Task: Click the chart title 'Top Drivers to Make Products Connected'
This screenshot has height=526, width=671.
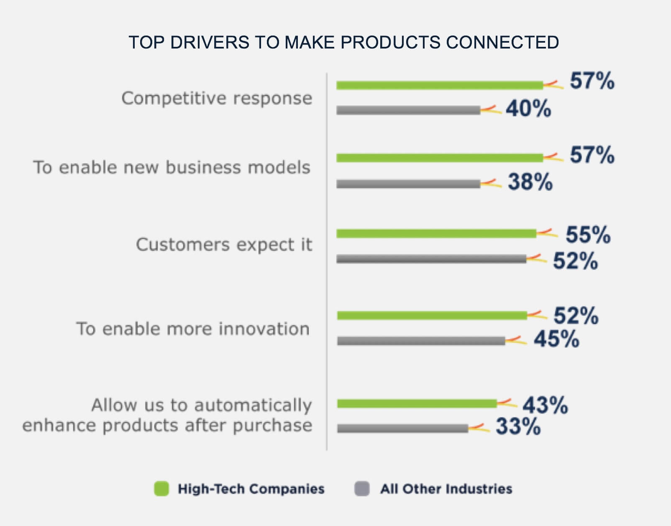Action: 343,43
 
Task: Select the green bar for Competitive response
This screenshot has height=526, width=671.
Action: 439,85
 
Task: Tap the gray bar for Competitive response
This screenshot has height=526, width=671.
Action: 408,110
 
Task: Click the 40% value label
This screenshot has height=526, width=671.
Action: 528,109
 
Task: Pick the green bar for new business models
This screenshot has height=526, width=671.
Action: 439,158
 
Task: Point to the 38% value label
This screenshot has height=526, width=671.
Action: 530,182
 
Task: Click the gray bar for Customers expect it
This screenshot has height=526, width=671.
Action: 431,259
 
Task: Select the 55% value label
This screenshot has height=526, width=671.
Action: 588,235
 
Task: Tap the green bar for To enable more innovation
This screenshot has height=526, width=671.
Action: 432,316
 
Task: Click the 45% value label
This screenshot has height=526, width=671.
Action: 556,339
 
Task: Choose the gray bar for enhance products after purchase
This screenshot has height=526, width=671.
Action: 402,429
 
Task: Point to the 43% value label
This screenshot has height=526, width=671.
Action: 545,405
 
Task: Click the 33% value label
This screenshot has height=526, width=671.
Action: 518,427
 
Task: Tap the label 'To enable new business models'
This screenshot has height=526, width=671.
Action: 172,168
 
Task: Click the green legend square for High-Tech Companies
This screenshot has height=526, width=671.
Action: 161,488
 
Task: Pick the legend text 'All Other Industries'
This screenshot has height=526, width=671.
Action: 446,489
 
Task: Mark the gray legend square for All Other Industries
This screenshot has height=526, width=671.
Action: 362,488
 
